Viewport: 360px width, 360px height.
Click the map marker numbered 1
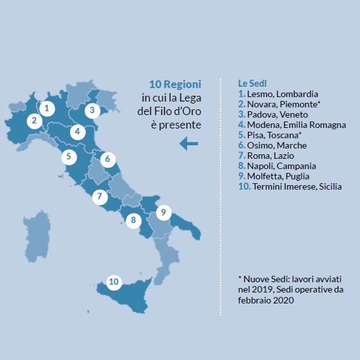(x=46, y=108)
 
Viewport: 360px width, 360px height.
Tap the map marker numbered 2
(x=32, y=120)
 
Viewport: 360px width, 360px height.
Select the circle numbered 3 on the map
(x=93, y=110)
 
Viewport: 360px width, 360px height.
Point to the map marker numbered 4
(x=78, y=132)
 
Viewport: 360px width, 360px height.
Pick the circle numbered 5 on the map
(x=67, y=156)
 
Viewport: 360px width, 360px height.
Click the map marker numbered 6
(x=108, y=158)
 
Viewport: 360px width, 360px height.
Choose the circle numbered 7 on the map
(x=99, y=197)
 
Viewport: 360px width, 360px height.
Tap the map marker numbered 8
(x=133, y=221)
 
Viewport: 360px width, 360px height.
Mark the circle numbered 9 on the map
(x=163, y=212)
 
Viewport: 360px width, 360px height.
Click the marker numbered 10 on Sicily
(x=114, y=282)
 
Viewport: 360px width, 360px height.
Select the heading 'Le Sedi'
(x=253, y=84)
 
